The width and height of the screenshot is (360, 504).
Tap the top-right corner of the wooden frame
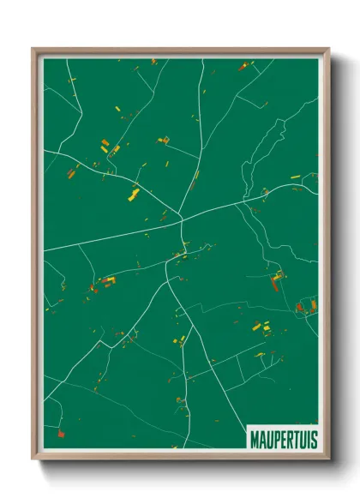pyautogui.click(x=328, y=49)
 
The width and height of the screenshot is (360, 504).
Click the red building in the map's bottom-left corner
pyautogui.click(x=61, y=434)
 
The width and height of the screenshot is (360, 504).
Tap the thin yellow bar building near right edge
pyautogui.click(x=295, y=177)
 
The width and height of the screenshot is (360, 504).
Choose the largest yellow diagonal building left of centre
pyautogui.click(x=134, y=195)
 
